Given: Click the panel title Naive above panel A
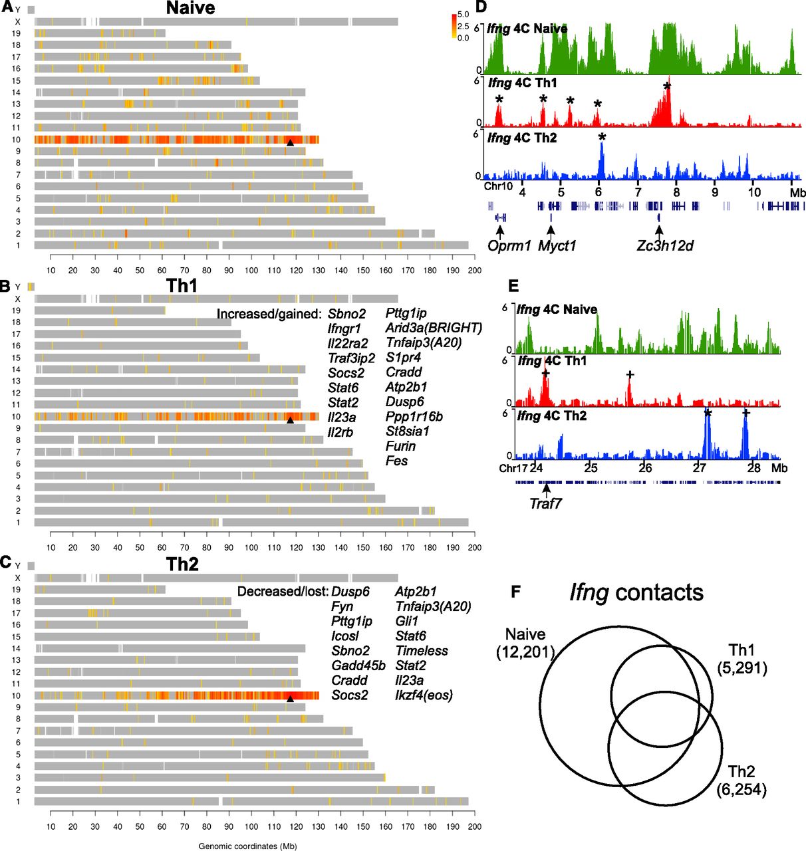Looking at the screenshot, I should [x=190, y=9].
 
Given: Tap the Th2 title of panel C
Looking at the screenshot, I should [x=182, y=564].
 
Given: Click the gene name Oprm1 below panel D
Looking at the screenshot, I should [x=509, y=246].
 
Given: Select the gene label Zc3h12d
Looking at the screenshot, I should [x=664, y=246].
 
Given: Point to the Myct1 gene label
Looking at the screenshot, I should [x=557, y=246].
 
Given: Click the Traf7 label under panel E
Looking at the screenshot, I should [x=545, y=503].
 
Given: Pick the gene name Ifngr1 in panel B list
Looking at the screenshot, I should [x=344, y=328].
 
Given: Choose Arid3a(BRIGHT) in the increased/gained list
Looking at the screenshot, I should [x=434, y=328].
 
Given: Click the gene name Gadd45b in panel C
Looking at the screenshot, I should [x=358, y=666].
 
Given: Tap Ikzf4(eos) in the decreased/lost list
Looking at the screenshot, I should [x=424, y=695].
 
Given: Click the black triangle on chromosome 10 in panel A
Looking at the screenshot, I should [x=290, y=142].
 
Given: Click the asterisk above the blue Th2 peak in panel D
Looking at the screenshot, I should [x=602, y=138].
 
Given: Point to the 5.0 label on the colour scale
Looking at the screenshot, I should [x=463, y=15].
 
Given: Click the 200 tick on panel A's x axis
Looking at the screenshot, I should [x=474, y=271].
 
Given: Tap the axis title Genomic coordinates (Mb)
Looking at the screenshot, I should [x=247, y=846].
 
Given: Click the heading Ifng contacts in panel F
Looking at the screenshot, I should [x=636, y=592].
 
